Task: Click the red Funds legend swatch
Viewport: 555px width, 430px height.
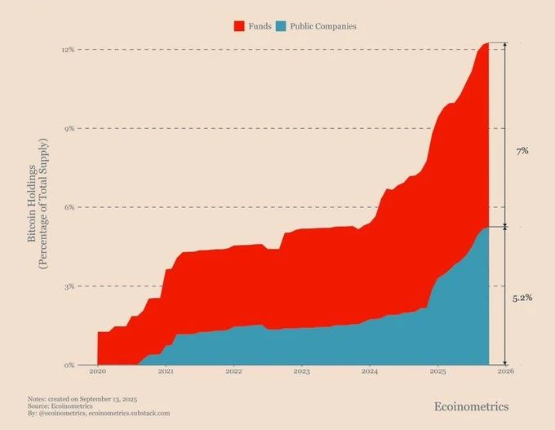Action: tap(239, 26)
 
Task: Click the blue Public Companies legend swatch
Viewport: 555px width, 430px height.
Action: tap(282, 26)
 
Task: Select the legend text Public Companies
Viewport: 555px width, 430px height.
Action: tap(323, 26)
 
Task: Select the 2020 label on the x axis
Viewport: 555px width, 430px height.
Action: tap(97, 371)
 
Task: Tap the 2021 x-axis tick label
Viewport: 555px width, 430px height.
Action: tap(166, 371)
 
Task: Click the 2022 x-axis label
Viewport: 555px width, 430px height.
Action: tap(233, 371)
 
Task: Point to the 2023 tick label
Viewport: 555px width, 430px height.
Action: tap(301, 371)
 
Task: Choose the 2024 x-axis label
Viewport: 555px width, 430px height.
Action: tap(370, 371)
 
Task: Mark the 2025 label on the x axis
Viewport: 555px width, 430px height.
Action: tap(437, 371)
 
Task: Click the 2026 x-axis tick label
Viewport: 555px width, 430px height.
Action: tap(506, 371)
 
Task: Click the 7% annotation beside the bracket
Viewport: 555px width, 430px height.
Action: tap(523, 151)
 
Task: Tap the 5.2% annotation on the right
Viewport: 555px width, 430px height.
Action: tap(522, 298)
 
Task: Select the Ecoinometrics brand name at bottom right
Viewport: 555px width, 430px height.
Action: tap(473, 406)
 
